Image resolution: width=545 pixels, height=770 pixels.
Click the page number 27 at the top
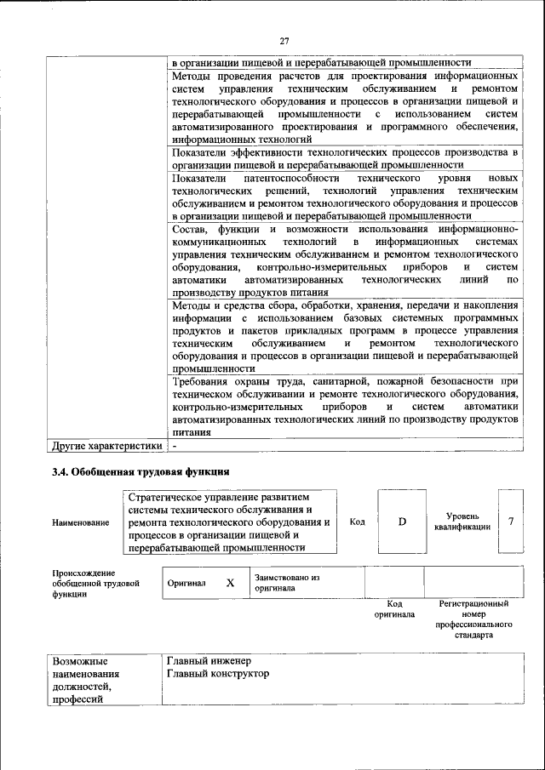point(284,40)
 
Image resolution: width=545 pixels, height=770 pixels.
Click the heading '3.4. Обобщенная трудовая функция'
point(141,471)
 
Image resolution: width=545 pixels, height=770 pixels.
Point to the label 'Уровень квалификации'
point(462,522)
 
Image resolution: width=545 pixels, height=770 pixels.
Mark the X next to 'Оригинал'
point(229,583)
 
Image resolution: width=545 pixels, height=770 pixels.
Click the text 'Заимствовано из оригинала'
point(286,583)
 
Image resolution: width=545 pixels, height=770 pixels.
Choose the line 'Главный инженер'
point(210,660)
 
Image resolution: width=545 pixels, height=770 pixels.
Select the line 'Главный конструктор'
point(220,674)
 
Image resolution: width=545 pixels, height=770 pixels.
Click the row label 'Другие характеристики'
point(106,445)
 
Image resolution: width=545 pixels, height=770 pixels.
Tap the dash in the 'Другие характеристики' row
point(174,445)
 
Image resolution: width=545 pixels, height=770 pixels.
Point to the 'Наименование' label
point(80,522)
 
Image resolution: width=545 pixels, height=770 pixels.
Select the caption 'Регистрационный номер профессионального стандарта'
point(473,619)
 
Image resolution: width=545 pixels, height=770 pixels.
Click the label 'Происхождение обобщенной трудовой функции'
point(95,585)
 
